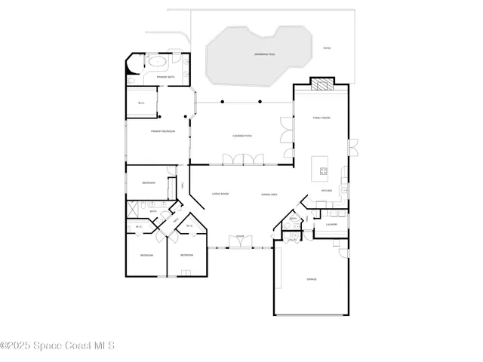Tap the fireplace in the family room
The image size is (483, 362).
(322, 84)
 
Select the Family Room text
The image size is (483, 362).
(322, 118)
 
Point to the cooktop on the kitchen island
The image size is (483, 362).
(323, 170)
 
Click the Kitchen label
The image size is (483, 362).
(327, 191)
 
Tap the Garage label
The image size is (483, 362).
(311, 279)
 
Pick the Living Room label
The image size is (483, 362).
(220, 194)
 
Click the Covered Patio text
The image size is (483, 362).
(241, 136)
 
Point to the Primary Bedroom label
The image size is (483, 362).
(163, 131)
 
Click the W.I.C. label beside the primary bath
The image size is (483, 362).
(141, 103)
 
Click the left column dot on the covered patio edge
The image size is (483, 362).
(222, 101)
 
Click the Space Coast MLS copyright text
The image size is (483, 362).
(57, 346)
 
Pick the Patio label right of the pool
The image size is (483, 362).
(327, 48)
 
